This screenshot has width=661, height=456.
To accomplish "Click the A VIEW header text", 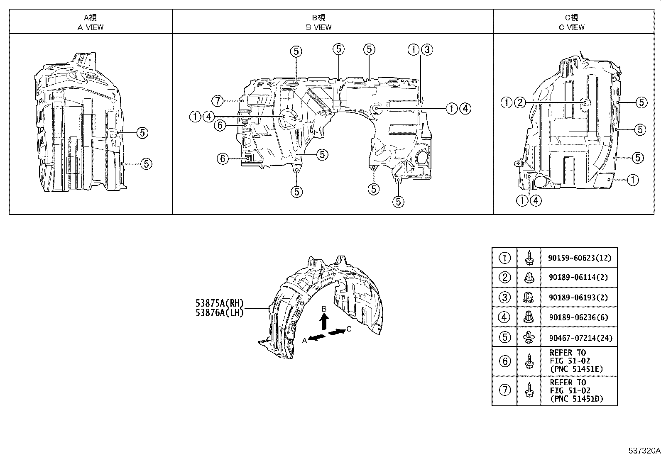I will pyautogui.click(x=91, y=27).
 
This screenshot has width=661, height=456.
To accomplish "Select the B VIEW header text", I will pyautogui.click(x=318, y=27).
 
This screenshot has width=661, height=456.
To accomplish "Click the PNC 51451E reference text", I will pyautogui.click(x=576, y=369).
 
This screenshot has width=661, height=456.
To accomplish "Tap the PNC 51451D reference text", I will pyautogui.click(x=576, y=399).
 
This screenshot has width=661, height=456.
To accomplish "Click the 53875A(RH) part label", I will pyautogui.click(x=220, y=303).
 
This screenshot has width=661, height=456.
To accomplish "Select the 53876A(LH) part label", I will pyautogui.click(x=220, y=313).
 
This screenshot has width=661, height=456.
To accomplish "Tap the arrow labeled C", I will pyautogui.click(x=337, y=332).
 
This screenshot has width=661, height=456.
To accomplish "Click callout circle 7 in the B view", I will pyautogui.click(x=217, y=100).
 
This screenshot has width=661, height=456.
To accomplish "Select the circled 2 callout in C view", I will pyautogui.click(x=519, y=102).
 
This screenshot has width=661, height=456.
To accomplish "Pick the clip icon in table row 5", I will pyautogui.click(x=529, y=337).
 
